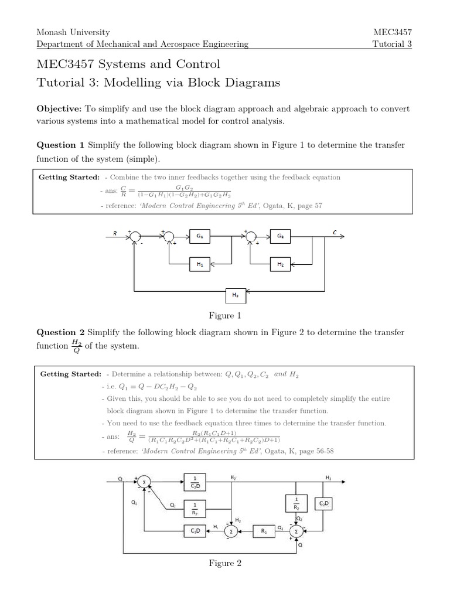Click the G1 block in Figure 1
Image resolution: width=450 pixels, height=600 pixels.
click(x=200, y=236)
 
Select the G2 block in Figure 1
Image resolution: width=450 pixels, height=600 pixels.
click(x=280, y=236)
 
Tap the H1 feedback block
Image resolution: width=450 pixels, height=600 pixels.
click(x=200, y=264)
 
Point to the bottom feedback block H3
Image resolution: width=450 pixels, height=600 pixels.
click(x=235, y=296)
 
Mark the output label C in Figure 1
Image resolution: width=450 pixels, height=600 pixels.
click(x=335, y=232)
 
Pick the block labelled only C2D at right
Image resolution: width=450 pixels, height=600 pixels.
click(x=323, y=503)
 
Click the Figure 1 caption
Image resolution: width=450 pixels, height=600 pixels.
click(x=226, y=316)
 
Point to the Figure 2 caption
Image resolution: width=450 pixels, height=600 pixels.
click(x=226, y=564)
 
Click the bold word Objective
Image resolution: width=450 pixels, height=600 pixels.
click(x=59, y=109)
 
